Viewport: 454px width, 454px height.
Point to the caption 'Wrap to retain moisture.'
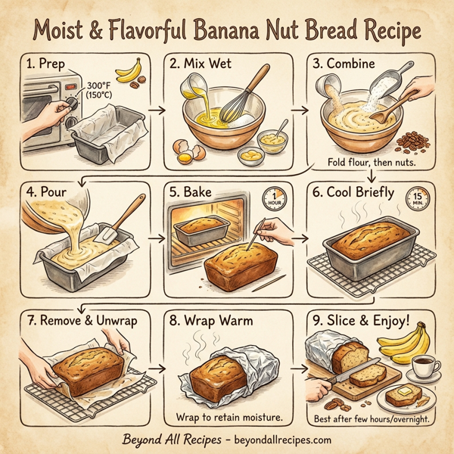230,417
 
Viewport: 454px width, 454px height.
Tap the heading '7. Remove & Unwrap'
81,319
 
